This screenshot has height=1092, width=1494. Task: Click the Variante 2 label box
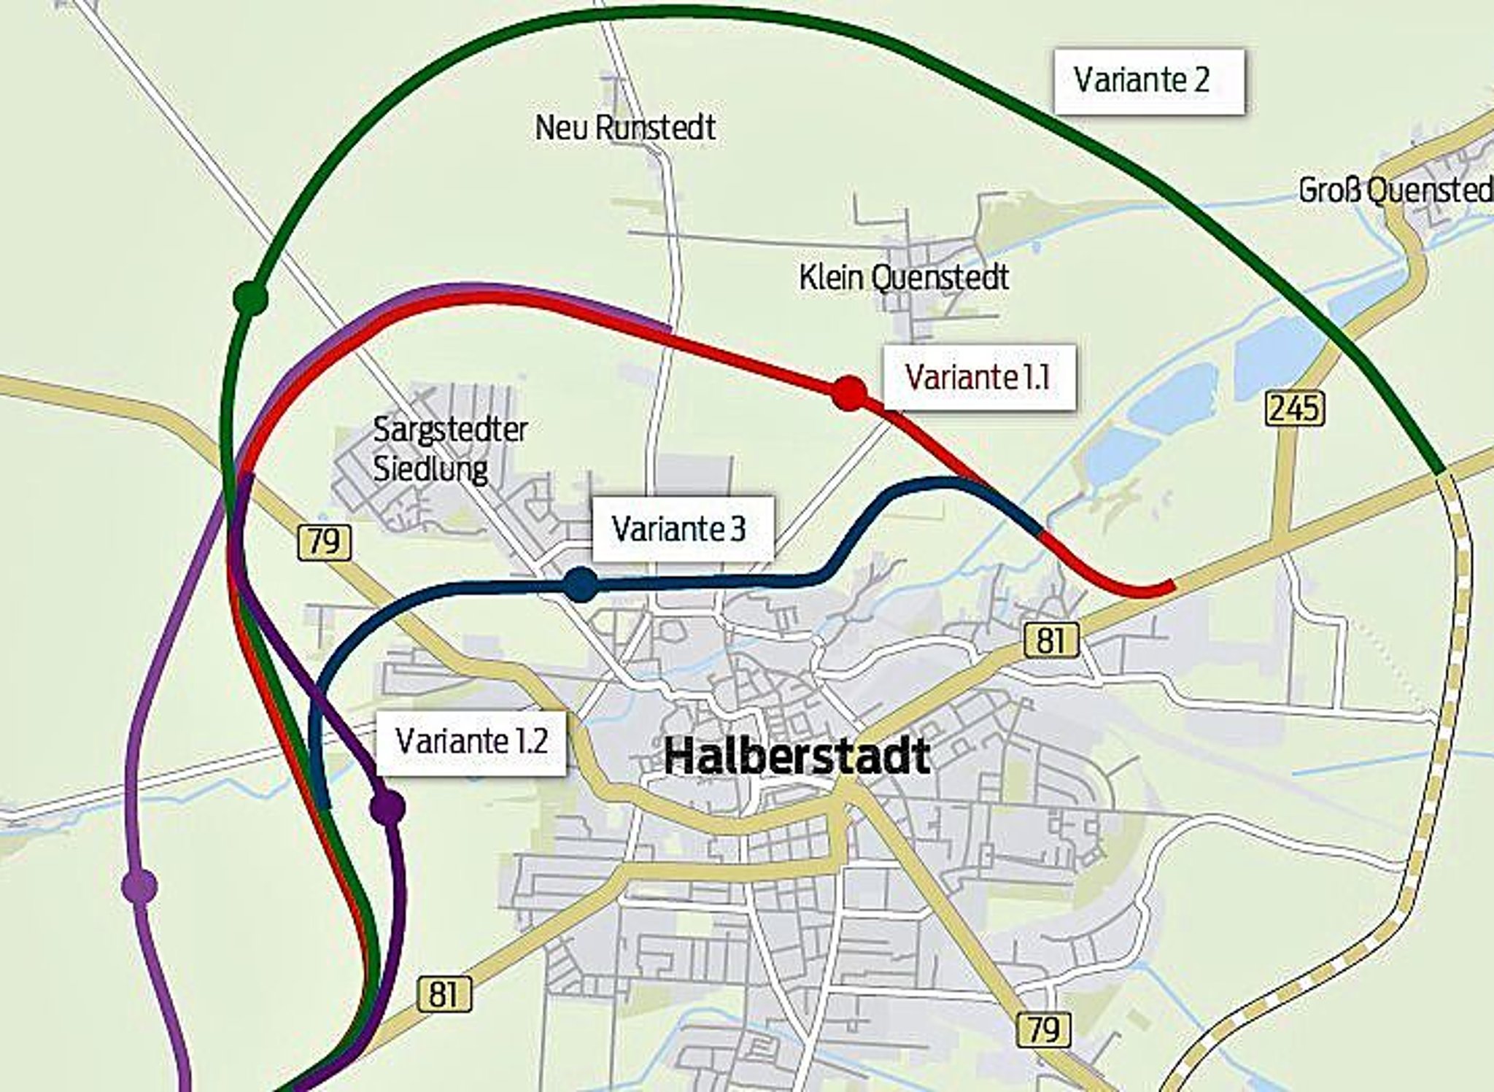[x=1148, y=81]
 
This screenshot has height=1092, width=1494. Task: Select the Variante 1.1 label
[x=978, y=377]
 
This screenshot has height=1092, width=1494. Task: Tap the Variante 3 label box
[x=681, y=530]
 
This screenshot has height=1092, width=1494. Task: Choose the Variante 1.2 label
[x=471, y=742]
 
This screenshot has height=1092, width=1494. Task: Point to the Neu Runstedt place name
[x=625, y=128]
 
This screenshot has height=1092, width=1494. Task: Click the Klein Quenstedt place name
[x=904, y=278]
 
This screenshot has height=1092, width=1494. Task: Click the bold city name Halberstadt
[x=797, y=756]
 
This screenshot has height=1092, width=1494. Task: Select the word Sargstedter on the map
[x=450, y=430]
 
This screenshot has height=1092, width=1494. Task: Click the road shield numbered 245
[x=1294, y=408]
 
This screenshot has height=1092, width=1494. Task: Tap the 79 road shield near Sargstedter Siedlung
[x=324, y=542]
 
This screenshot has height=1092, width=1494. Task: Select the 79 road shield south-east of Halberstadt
[x=1044, y=1029]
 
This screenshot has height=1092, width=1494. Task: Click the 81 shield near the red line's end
[x=1050, y=640]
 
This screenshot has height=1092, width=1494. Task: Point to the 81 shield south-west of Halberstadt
[x=444, y=994]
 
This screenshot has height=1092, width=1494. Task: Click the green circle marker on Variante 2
[x=250, y=298]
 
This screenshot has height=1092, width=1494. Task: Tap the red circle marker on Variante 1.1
[x=849, y=394]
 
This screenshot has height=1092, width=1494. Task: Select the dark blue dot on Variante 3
[x=581, y=584]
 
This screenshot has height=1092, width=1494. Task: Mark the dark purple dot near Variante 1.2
[x=387, y=808]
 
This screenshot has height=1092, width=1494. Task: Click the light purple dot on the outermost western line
[x=139, y=886]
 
